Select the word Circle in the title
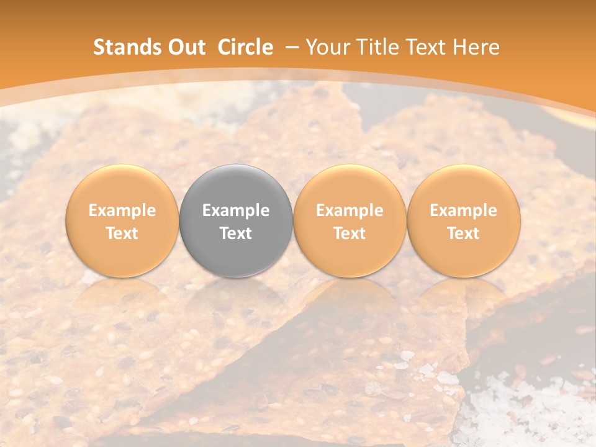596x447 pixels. coord(245,47)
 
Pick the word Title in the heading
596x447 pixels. coord(377,47)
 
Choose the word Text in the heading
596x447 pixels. coord(428,47)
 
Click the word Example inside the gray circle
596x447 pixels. coord(236,210)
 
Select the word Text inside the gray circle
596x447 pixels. coord(236,233)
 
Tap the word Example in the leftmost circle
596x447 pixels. coord(122,210)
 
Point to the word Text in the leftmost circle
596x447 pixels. coord(122,233)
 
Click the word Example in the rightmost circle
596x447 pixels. coord(464,210)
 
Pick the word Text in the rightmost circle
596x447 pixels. coord(464,233)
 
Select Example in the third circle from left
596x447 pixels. coord(350,210)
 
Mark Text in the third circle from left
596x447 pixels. coord(350,233)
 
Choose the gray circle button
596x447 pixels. coord(236,186)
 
